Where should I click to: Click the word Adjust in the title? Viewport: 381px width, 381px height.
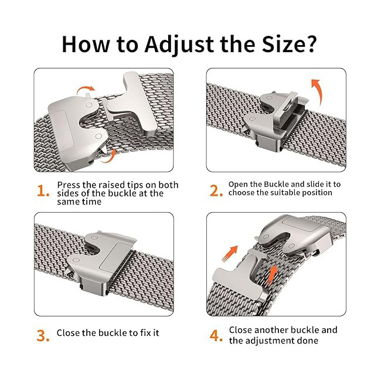[x=179, y=45]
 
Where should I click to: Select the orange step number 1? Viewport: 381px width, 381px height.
[x=43, y=190]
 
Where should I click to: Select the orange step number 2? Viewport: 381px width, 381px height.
[x=216, y=190]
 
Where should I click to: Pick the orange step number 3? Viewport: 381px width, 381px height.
[x=43, y=335]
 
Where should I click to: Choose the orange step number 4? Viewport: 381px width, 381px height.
[x=216, y=335]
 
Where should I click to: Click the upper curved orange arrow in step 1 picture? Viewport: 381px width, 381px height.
[x=86, y=89]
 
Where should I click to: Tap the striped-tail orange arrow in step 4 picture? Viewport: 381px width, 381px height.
[x=230, y=254]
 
